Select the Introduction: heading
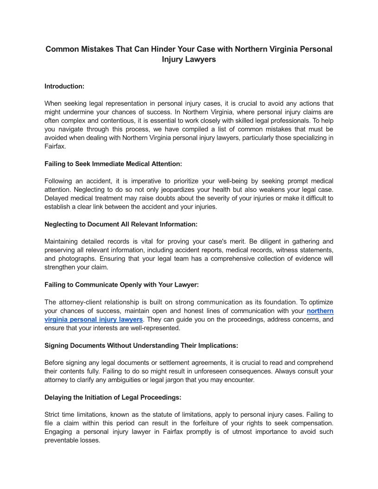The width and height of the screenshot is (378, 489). [64, 86]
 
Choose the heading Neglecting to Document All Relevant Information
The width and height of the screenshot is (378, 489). [121, 224]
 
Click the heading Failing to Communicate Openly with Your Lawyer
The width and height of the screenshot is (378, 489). [121, 285]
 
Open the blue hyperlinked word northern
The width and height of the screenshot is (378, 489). [320, 311]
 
